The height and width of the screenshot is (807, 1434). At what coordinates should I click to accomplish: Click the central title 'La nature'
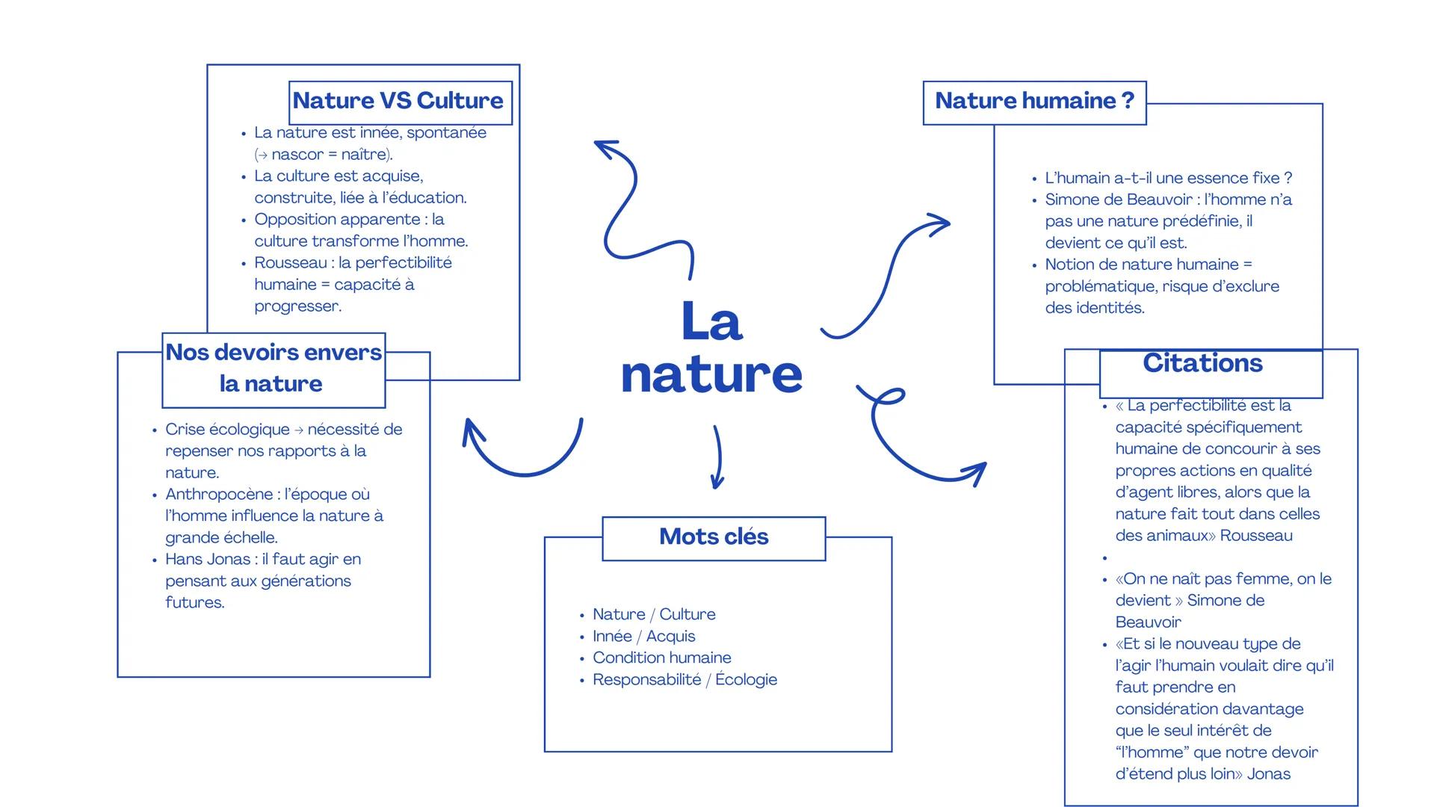tap(711, 347)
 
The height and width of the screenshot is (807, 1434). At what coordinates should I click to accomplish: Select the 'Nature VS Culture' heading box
tap(400, 102)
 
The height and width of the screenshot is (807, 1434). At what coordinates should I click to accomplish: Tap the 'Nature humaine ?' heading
tap(1034, 102)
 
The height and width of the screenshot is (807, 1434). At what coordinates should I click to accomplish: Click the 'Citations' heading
tap(1202, 364)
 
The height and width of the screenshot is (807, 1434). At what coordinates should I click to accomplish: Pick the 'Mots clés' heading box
tap(714, 537)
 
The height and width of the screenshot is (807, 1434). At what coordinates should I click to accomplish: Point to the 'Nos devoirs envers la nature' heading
tap(273, 368)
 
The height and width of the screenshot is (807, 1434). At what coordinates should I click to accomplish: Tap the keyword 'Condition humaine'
tap(662, 658)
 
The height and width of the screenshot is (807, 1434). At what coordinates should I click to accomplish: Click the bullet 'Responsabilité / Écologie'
tap(684, 680)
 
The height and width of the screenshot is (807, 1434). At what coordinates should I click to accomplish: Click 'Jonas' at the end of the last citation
tap(1268, 774)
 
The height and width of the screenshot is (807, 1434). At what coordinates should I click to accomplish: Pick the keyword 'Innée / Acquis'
tap(643, 637)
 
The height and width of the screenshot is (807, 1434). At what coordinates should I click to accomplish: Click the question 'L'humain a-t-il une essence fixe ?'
tap(1168, 179)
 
